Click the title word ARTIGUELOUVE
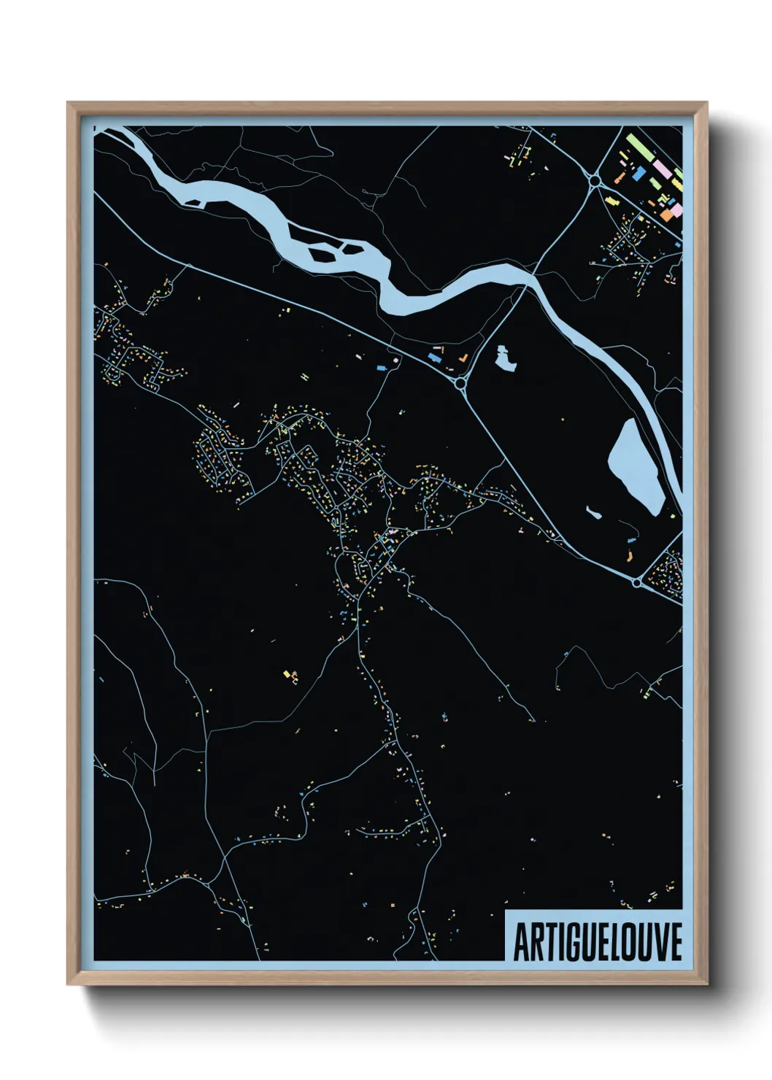pyautogui.click(x=598, y=942)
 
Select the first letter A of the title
pyautogui.click(x=521, y=942)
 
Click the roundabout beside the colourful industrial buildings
pyautogui.click(x=595, y=180)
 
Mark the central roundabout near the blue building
pyautogui.click(x=460, y=382)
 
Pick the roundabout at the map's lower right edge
pyautogui.click(x=637, y=582)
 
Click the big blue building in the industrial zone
pyautogui.click(x=638, y=174)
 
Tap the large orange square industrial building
pyautogui.click(x=668, y=215)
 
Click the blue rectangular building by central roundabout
pyautogui.click(x=436, y=358)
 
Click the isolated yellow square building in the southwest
pyautogui.click(x=287, y=674)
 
